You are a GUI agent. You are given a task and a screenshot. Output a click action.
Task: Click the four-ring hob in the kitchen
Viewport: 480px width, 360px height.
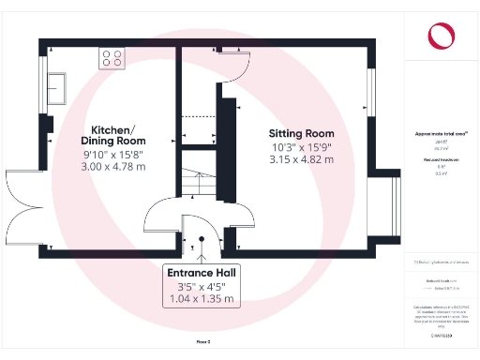pos(112,58)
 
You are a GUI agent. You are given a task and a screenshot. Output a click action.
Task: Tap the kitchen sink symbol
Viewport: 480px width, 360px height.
pos(57,87)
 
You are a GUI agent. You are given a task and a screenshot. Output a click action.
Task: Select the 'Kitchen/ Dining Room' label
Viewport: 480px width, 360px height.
pos(112,135)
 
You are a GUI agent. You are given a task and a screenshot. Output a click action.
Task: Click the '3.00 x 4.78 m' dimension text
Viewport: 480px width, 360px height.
pos(112,166)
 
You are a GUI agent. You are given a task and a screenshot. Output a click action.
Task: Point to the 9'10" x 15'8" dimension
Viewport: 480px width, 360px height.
pos(112,154)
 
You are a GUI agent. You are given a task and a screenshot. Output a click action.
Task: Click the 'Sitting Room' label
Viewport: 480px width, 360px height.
pos(301,133)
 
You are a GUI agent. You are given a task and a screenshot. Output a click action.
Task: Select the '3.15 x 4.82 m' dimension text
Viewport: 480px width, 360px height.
pos(301,159)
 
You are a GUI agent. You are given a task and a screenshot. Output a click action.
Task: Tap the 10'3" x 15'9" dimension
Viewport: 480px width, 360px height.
pos(301,146)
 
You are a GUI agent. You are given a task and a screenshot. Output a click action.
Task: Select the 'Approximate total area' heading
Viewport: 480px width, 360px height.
pos(441,134)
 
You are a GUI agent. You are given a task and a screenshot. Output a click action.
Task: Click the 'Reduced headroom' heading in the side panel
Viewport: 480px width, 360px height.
pos(441,161)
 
